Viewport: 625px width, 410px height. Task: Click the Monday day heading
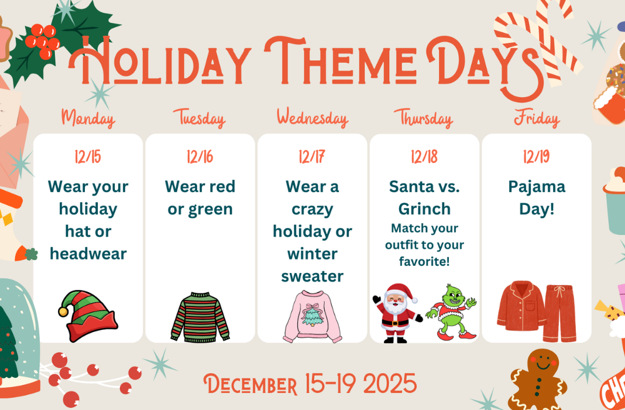(x=88, y=118)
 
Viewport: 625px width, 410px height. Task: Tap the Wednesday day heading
(x=312, y=118)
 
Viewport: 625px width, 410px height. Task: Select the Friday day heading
(x=537, y=118)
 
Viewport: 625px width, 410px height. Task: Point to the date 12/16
(x=200, y=157)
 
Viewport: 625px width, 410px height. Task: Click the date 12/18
(x=424, y=157)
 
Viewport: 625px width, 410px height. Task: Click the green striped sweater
(x=200, y=317)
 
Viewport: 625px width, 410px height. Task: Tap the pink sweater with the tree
(x=312, y=317)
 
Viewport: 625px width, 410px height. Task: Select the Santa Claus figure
(x=397, y=313)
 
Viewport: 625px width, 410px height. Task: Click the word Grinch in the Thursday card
(x=424, y=209)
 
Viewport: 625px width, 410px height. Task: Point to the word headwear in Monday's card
(x=88, y=254)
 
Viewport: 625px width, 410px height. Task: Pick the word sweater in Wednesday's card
(x=312, y=276)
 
